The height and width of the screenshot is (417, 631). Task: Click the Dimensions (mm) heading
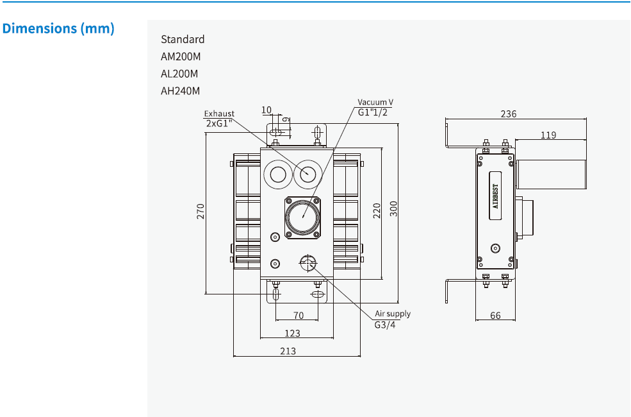click(x=58, y=29)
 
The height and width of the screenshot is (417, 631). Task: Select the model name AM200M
click(x=181, y=56)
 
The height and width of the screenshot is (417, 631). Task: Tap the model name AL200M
click(x=180, y=74)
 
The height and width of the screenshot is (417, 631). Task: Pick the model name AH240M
click(x=181, y=91)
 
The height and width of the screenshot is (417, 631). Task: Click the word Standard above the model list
click(x=183, y=39)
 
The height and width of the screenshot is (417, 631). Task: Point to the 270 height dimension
click(x=201, y=211)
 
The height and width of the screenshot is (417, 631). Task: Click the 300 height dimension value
click(x=394, y=209)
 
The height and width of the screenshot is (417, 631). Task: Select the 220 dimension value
click(x=377, y=210)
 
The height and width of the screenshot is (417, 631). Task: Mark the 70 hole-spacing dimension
click(x=298, y=315)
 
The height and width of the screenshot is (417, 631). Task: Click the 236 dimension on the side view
click(x=509, y=114)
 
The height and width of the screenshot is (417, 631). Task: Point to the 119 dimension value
click(x=548, y=135)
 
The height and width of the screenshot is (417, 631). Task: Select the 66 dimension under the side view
click(x=495, y=316)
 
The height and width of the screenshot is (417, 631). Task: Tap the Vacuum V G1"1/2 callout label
click(x=375, y=107)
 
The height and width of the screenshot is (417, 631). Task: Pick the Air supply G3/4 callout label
click(x=392, y=319)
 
